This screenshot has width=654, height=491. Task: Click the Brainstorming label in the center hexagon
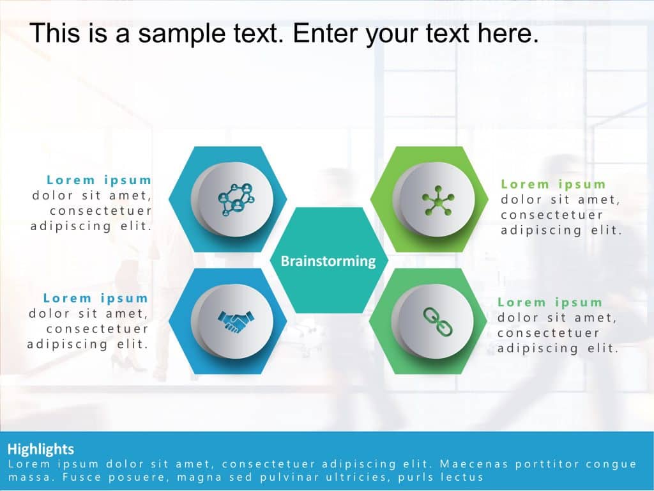(x=328, y=261)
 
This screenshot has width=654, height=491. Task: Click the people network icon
(x=236, y=199)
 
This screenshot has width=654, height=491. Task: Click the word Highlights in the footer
(x=41, y=449)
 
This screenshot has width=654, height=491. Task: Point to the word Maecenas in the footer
(x=469, y=464)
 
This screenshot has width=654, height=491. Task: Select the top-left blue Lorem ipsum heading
(x=99, y=180)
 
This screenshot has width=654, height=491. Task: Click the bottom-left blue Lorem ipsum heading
(x=96, y=298)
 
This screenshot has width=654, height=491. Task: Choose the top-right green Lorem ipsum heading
(x=553, y=184)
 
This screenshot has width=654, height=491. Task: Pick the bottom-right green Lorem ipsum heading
(x=550, y=302)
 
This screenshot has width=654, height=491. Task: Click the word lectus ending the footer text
(x=463, y=477)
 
